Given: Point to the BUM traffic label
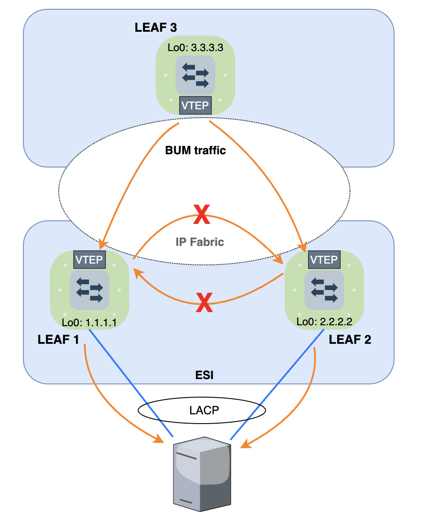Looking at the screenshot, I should pos(195,150).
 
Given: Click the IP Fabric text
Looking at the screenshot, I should pos(200,242).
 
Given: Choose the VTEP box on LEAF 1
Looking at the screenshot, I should pos(90,260).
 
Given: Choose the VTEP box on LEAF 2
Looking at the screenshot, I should pos(324,260).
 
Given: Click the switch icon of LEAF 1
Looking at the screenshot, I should pos(90,290).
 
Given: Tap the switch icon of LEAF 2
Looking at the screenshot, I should pos(324,290).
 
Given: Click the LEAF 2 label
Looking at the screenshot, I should pos(350,340).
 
